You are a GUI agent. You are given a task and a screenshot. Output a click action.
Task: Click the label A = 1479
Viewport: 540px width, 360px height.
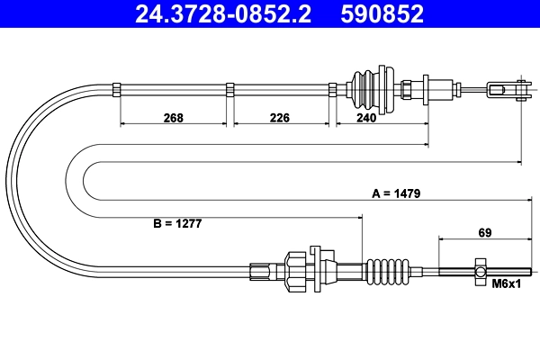click(x=397, y=193)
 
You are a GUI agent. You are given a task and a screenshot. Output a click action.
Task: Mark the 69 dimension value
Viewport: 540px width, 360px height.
click(x=484, y=232)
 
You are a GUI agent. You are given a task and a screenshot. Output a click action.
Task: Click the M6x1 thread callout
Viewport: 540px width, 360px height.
click(x=507, y=284)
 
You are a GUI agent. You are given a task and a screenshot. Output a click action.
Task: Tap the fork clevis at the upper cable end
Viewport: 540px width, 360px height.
click(x=506, y=89)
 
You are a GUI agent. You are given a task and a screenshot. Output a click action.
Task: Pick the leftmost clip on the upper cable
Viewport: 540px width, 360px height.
click(x=118, y=88)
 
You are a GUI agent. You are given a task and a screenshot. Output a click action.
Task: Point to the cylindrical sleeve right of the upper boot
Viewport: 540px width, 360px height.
click(x=440, y=89)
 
